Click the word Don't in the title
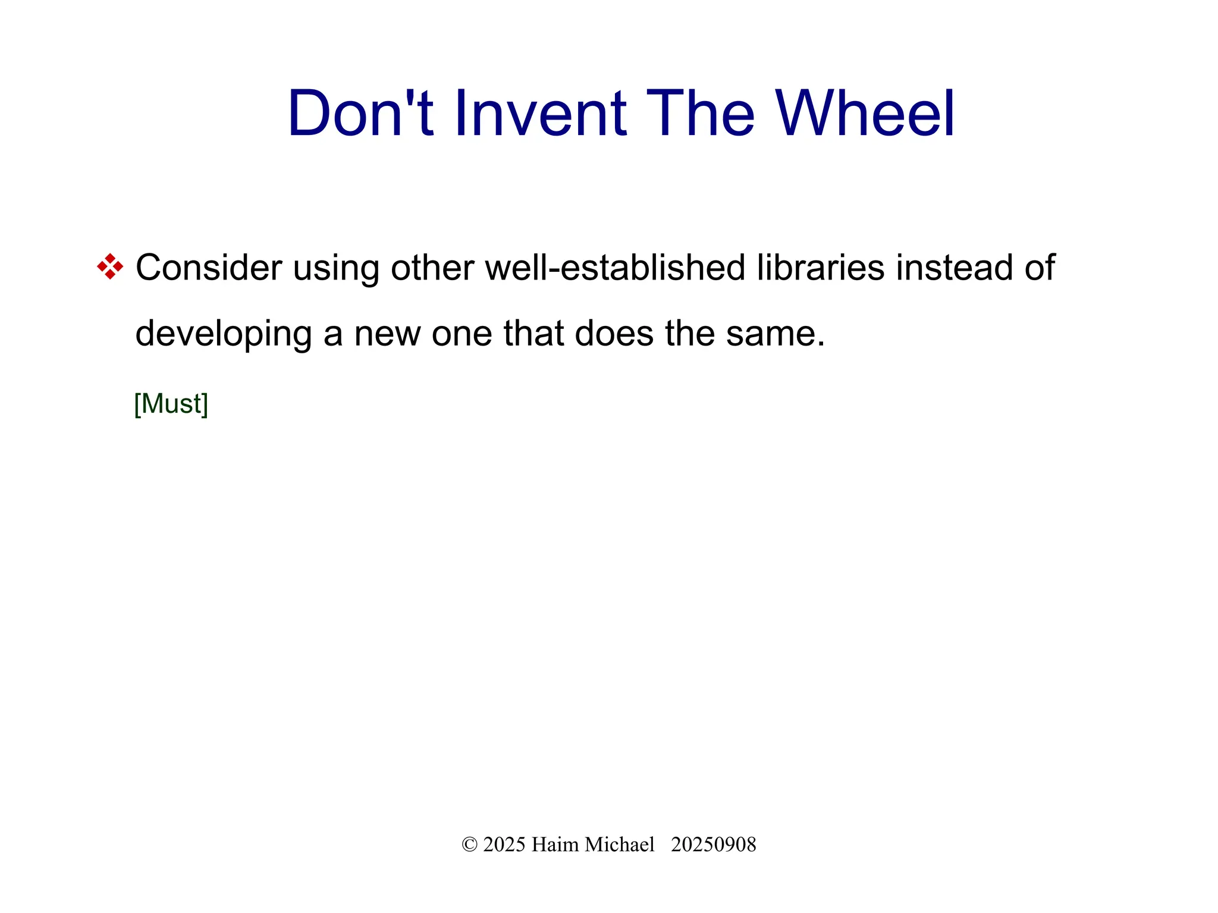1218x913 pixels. pyautogui.click(x=360, y=113)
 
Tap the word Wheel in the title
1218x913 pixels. pyautogui.click(x=865, y=113)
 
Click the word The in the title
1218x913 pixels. pyautogui.click(x=700, y=113)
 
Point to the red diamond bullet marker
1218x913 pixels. pyautogui.click(x=110, y=266)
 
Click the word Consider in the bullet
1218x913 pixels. pyautogui.click(x=209, y=268)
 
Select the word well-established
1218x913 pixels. pyautogui.click(x=615, y=268)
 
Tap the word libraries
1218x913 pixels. pyautogui.click(x=821, y=268)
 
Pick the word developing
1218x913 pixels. pyautogui.click(x=224, y=334)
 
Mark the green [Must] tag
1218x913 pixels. pyautogui.click(x=171, y=404)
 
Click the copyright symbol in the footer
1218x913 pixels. pyautogui.click(x=469, y=845)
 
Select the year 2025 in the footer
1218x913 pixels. pyautogui.click(x=504, y=845)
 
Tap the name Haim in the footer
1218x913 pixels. pyautogui.click(x=555, y=845)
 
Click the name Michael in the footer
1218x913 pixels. pyautogui.click(x=620, y=845)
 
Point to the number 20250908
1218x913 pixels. pyautogui.click(x=714, y=845)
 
